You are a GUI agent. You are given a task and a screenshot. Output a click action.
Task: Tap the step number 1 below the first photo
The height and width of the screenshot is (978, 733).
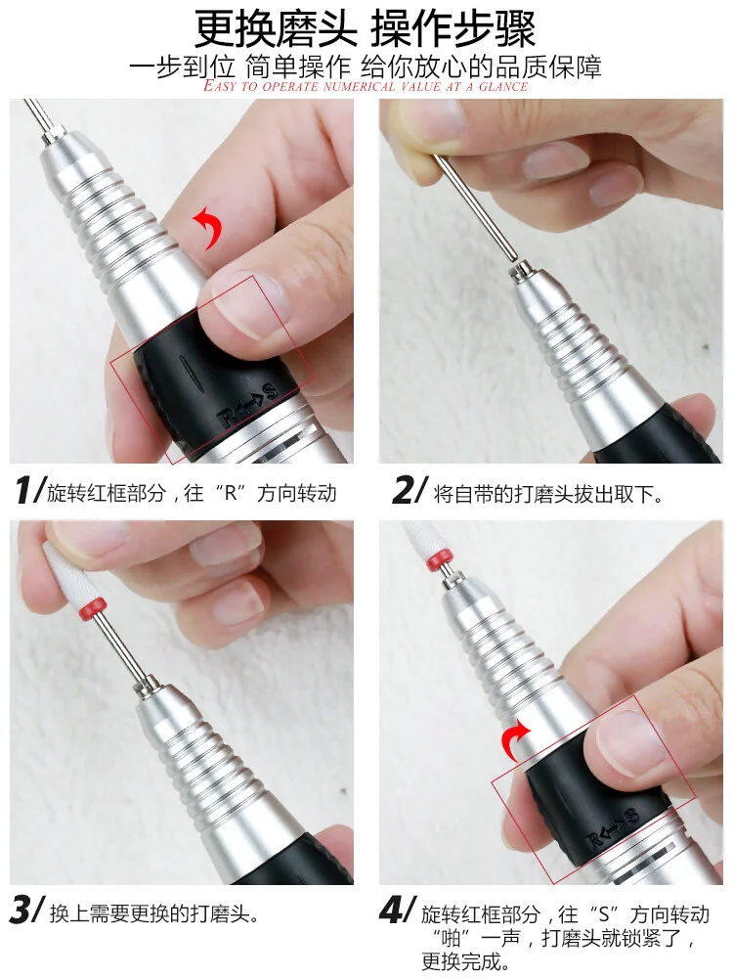click(x=29, y=490)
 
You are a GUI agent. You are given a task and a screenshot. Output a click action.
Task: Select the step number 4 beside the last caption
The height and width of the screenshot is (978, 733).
click(x=397, y=910)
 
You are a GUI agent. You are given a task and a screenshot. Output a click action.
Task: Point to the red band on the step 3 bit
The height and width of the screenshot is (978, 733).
click(x=96, y=607)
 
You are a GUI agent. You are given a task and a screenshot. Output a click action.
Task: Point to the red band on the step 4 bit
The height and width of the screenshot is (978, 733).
click(x=440, y=559)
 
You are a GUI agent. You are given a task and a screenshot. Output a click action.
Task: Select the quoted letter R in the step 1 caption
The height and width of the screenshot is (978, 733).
click(x=232, y=493)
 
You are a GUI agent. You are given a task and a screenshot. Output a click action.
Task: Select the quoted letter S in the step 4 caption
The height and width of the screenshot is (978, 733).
click(x=603, y=914)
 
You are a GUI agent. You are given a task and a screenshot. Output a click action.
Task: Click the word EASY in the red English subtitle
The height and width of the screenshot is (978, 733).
click(x=221, y=85)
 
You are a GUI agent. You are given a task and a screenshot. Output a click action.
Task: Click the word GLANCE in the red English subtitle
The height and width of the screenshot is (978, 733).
click(x=503, y=86)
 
